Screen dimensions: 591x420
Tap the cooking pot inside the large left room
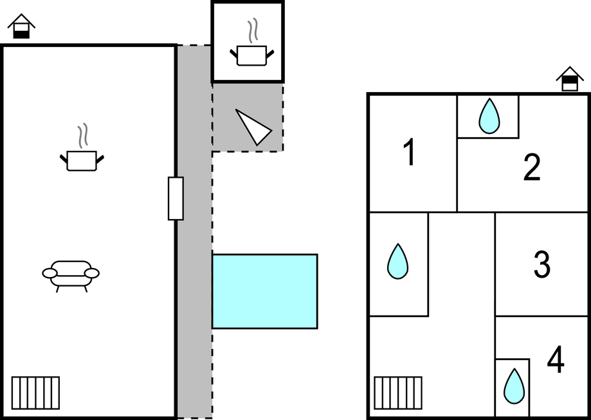[82, 161]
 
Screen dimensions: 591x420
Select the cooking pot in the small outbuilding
[252, 55]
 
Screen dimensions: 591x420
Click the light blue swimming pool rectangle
[264, 291]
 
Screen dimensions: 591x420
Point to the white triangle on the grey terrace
[253, 128]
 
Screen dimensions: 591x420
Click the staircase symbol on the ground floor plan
[35, 393]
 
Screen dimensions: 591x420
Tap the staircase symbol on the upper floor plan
[398, 393]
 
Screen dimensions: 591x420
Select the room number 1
[410, 152]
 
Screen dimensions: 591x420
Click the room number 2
[532, 167]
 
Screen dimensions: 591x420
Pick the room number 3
[542, 265]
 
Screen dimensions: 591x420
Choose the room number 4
[556, 359]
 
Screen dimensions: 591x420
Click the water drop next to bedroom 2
[489, 116]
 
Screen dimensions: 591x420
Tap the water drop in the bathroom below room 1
[397, 262]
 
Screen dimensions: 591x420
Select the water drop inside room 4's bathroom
[514, 386]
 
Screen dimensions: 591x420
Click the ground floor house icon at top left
[21, 26]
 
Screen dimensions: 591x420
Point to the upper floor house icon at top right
[570, 79]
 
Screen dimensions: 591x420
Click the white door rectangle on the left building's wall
[176, 198]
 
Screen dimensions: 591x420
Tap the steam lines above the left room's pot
[83, 135]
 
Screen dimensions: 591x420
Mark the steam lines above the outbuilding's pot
[253, 30]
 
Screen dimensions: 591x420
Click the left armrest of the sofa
[50, 273]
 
